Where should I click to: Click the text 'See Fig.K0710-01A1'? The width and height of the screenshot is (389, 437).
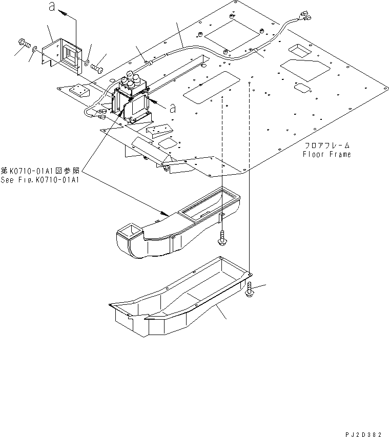[41, 179]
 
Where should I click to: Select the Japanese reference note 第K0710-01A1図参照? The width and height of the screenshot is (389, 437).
[41, 171]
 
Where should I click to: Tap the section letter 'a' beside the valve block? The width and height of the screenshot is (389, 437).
[173, 108]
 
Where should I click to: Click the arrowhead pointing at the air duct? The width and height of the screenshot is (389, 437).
[163, 213]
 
